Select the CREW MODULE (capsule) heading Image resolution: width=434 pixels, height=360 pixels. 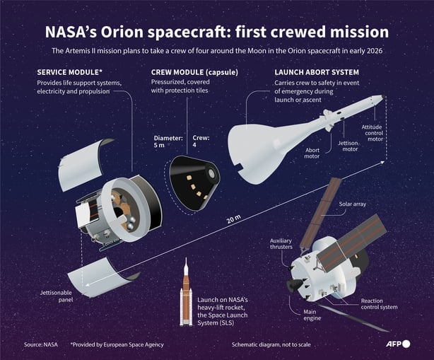click(x=194, y=73)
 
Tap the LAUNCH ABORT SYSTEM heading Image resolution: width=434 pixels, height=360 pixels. click(x=316, y=73)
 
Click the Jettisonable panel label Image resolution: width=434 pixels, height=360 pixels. click(x=54, y=297)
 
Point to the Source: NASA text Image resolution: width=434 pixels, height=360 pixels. click(x=40, y=344)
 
